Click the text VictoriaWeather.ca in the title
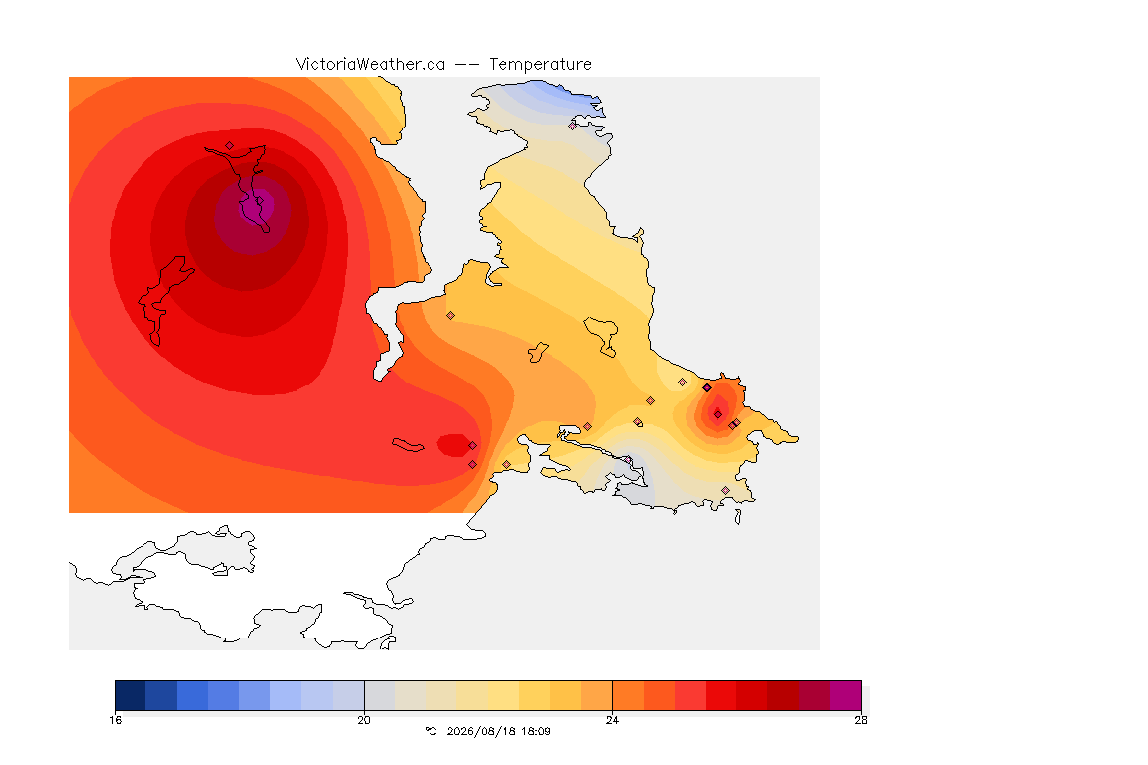[371, 65]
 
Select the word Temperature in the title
[540, 65]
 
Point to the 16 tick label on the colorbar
[115, 720]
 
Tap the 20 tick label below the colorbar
[364, 720]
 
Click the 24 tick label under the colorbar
[612, 720]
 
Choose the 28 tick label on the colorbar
[861, 720]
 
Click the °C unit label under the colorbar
[430, 731]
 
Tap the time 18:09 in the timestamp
[537, 731]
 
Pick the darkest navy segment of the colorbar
[131, 695]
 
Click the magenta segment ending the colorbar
[846, 695]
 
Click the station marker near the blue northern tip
[573, 126]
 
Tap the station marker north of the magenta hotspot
[230, 145]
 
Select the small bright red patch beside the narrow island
[454, 445]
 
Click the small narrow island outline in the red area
[408, 445]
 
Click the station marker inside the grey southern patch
[628, 460]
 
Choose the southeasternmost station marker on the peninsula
[725, 490]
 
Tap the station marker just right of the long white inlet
[451, 316]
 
